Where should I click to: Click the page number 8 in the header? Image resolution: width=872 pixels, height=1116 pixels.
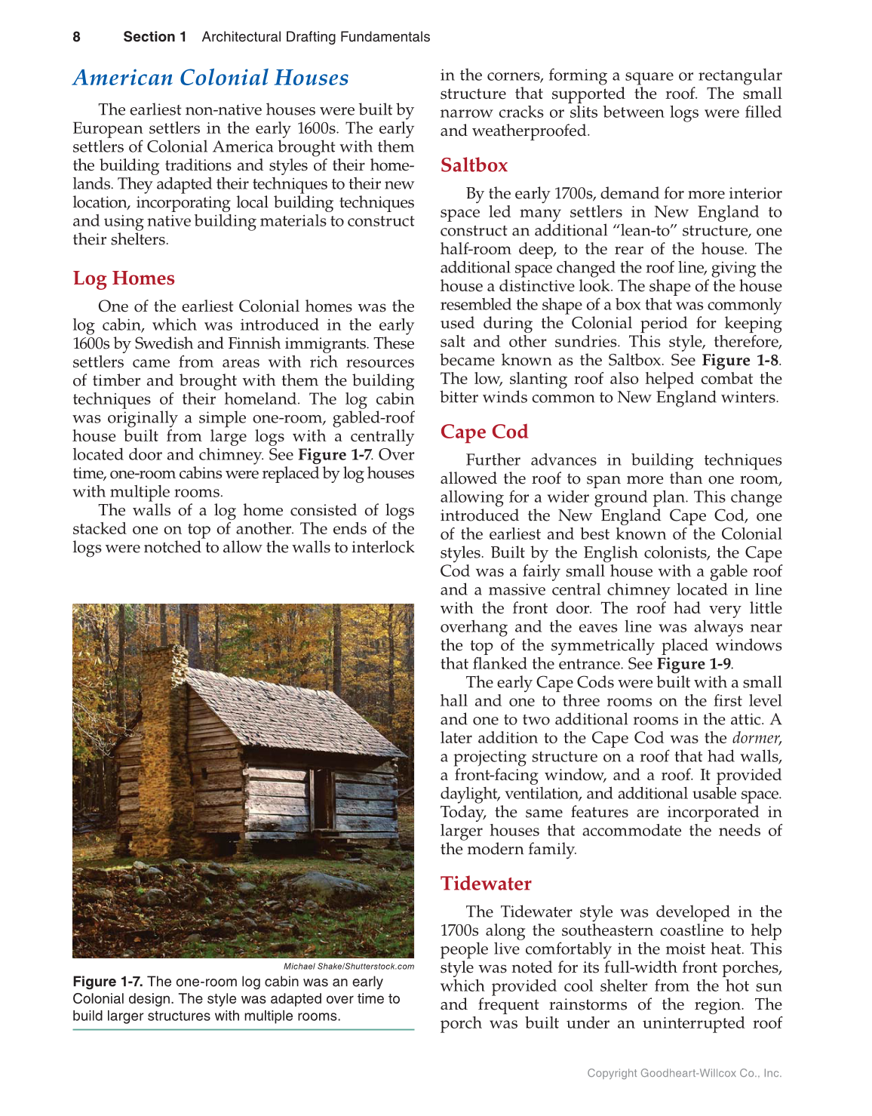76,37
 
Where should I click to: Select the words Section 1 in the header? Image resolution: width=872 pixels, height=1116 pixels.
155,37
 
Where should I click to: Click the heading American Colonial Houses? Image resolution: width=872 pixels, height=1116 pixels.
210,78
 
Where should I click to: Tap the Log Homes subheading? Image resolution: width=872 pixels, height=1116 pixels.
124,278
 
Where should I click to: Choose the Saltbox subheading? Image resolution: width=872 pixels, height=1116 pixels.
474,165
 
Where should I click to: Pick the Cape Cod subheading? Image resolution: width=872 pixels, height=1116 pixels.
484,432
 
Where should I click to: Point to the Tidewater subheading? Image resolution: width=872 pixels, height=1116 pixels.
486,884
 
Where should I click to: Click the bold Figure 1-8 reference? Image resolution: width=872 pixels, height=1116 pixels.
740,361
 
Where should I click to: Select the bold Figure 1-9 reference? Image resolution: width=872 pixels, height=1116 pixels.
693,664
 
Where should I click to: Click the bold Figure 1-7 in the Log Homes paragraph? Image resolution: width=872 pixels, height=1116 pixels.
334,455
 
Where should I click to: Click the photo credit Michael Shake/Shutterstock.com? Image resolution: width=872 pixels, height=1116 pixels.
348,967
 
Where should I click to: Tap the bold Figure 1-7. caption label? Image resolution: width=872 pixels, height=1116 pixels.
108,982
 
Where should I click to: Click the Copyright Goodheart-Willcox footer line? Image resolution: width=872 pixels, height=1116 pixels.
684,1073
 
